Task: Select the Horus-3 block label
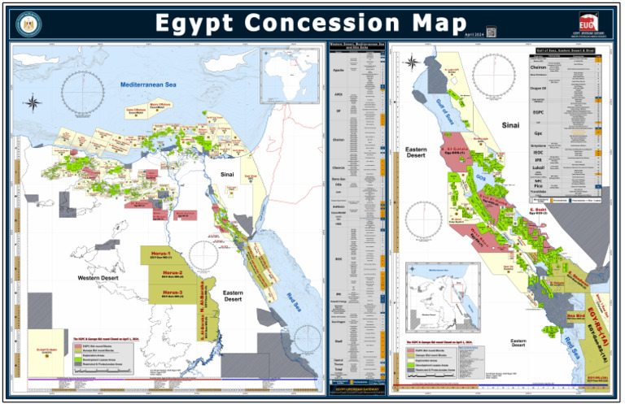172,292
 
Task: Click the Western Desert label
100,278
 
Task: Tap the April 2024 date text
474,34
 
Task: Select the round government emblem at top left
27,22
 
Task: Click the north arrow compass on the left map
33,102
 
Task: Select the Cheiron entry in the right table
537,67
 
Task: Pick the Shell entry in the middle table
338,341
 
